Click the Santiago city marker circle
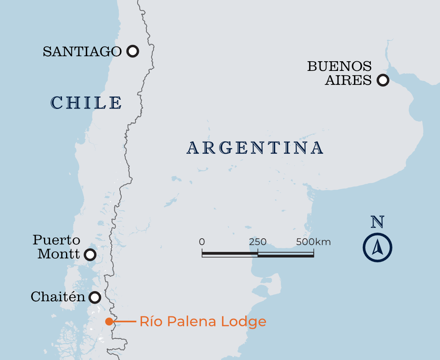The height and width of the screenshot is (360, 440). pos(132,51)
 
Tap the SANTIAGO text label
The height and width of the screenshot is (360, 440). pos(82,52)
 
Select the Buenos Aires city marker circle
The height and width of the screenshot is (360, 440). pos(383,80)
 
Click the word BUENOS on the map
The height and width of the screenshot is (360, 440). pos(339,66)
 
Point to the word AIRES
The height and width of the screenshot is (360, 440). pos(348,80)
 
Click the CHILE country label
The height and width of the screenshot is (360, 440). pos(86,103)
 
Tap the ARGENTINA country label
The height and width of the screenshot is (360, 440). pos(255,148)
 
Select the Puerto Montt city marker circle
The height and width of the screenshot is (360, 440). pos(90,254)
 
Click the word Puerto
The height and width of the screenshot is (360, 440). pos(56,240)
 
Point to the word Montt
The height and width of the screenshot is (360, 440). pos(59,254)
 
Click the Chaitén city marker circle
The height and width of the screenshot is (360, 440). pos(95,298)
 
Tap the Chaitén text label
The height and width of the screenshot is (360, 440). pos(58,297)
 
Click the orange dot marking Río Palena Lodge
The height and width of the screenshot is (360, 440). pos(109,321)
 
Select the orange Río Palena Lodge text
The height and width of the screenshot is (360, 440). pos(203,321)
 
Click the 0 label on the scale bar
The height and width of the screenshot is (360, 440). pos(202,242)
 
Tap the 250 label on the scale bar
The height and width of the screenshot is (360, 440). pos(258,242)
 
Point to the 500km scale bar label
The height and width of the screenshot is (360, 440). pos(314,242)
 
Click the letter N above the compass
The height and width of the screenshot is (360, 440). pos(377,221)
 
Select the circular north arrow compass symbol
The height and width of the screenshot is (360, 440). pos(377,247)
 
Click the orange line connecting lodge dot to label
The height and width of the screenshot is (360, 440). pos(125,321)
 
